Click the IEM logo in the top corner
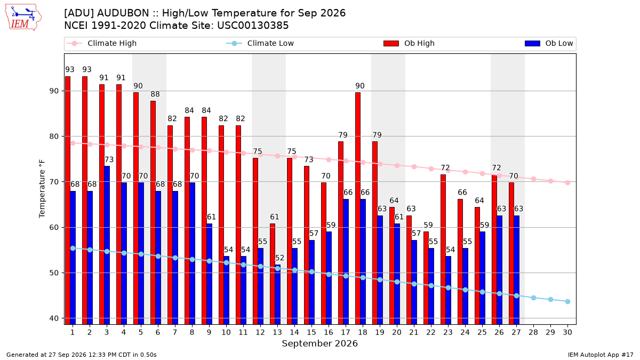[23, 18]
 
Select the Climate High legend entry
[101, 43]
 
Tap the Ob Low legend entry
[549, 43]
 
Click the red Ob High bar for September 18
[358, 209]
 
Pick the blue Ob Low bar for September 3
[107, 245]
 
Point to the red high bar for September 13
[273, 274]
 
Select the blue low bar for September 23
[449, 290]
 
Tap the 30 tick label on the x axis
[567, 333]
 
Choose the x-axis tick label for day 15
[311, 333]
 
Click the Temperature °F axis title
[42, 189]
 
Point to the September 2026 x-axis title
[319, 343]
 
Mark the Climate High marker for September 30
[567, 182]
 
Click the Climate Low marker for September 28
[533, 298]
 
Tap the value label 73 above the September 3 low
[109, 159]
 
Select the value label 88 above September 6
[155, 94]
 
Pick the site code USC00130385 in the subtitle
[253, 26]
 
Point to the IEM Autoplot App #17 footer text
[601, 355]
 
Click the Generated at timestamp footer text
[82, 355]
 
